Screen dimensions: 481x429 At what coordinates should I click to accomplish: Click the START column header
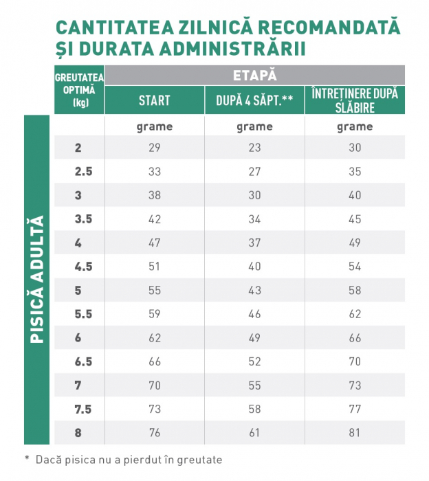[x=154, y=100]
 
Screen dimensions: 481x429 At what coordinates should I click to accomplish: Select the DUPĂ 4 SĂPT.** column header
[x=254, y=100]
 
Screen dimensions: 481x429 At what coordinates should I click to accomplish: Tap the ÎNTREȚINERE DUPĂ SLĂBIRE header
[x=355, y=100]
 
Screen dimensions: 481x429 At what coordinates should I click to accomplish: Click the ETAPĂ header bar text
[x=254, y=75]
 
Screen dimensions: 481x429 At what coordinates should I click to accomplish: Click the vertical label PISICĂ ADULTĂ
[x=38, y=280]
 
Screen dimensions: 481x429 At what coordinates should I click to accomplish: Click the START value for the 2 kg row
[x=154, y=148]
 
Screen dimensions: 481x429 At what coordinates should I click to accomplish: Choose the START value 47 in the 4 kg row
[x=154, y=243]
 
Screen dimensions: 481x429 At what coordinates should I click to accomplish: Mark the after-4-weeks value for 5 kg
[x=254, y=290]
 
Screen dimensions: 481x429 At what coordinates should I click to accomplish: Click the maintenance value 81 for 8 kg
[x=355, y=433]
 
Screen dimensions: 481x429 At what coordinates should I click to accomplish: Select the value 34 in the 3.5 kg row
[x=254, y=219]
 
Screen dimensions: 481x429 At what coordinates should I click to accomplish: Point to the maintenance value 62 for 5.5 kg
[x=355, y=314]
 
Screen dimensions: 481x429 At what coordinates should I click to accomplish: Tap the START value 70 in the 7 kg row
[x=154, y=385]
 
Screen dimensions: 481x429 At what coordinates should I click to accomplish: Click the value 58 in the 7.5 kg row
[x=254, y=409]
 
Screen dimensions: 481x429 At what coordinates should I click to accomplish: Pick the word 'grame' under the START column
[x=154, y=126]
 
